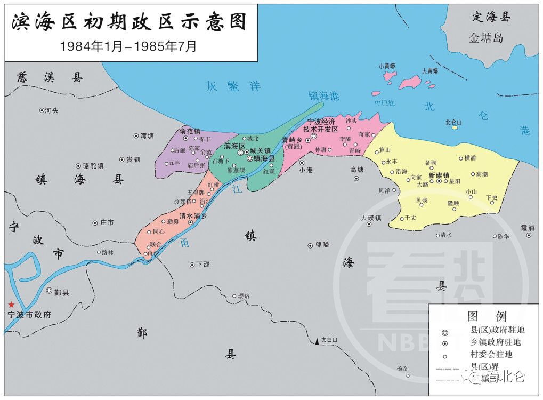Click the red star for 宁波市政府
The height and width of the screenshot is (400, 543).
pyautogui.click(x=11, y=304)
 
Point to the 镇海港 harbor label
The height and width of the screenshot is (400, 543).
pyautogui.click(x=323, y=96)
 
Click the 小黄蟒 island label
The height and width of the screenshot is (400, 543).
pyautogui.click(x=387, y=66)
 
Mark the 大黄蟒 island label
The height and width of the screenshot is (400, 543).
pyautogui.click(x=429, y=70)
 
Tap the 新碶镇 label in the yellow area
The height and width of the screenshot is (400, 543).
pyautogui.click(x=439, y=175)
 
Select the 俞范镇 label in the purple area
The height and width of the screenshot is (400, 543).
pyautogui.click(x=190, y=131)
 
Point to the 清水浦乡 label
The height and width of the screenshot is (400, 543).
pyautogui.click(x=193, y=216)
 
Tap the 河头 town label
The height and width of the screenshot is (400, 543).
pyautogui.click(x=51, y=110)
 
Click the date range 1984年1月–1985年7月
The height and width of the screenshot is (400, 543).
pyautogui.click(x=128, y=46)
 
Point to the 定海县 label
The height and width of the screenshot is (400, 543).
pyautogui.click(x=491, y=17)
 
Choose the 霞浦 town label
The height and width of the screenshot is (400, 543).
pyautogui.click(x=528, y=227)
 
